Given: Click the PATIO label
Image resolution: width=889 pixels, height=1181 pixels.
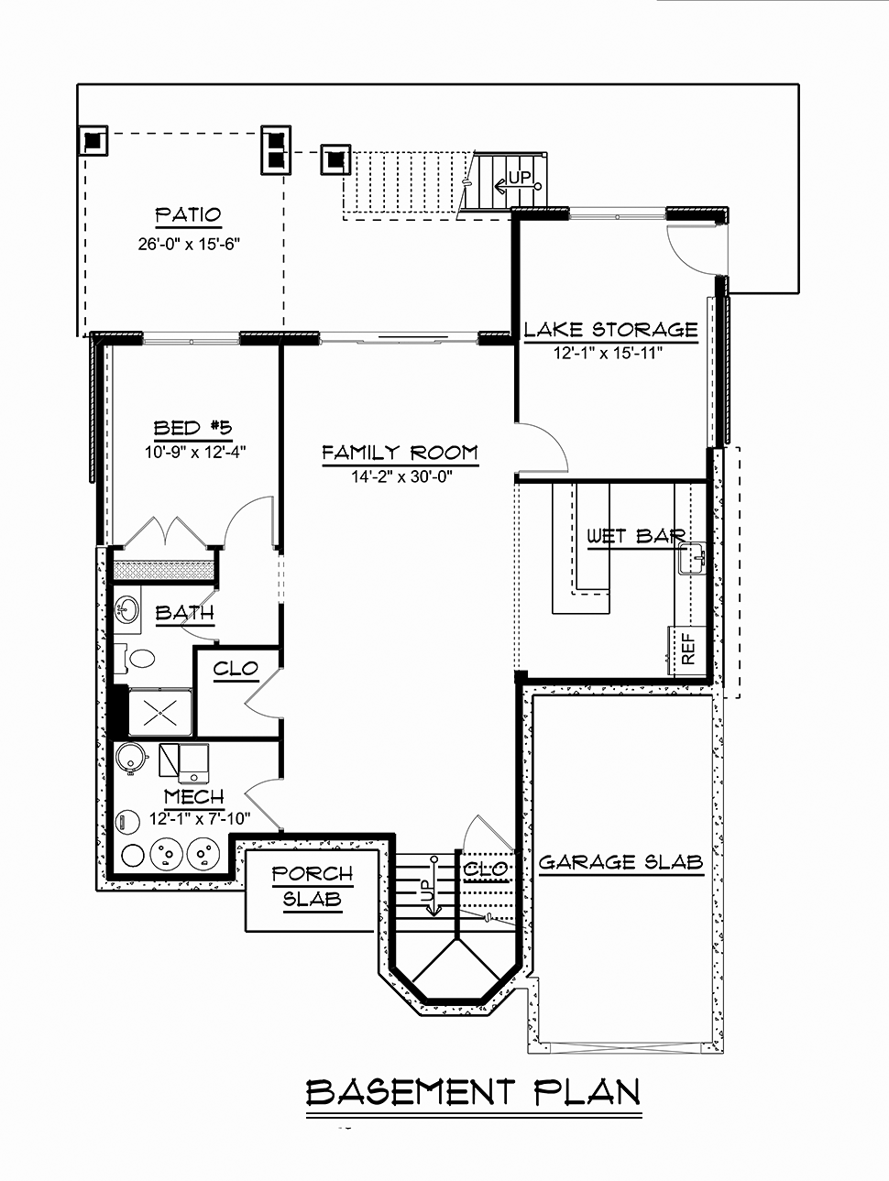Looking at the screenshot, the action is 189,215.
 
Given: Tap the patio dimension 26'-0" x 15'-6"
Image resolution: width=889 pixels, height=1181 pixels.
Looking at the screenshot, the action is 189,245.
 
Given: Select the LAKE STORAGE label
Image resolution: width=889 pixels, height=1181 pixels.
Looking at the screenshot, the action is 610,329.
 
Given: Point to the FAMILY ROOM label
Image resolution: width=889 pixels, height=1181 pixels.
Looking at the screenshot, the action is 400,453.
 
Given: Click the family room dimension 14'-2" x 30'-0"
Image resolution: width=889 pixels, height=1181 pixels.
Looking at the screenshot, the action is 402,476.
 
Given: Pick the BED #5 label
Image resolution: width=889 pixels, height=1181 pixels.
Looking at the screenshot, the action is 192,428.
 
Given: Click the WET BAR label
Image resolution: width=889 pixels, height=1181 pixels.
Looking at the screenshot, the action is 635,536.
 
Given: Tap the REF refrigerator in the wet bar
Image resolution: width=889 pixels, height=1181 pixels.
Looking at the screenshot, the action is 687,650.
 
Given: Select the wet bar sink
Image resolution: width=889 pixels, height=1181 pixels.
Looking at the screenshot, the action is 692,558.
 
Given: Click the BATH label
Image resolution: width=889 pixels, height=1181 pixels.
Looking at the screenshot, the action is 184,613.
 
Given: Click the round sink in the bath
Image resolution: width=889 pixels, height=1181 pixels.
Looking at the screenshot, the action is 127,609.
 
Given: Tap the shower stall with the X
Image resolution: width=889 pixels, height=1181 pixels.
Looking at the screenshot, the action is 159,711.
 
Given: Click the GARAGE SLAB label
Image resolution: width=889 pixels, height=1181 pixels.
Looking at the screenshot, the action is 621,862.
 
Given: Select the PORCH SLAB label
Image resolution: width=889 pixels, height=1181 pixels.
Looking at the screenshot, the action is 313,886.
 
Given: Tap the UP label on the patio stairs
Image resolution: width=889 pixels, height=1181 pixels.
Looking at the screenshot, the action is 520,177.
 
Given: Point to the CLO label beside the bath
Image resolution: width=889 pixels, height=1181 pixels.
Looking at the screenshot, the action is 236,669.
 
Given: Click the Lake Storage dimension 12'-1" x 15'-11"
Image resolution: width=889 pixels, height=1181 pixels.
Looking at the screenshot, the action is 608,353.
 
